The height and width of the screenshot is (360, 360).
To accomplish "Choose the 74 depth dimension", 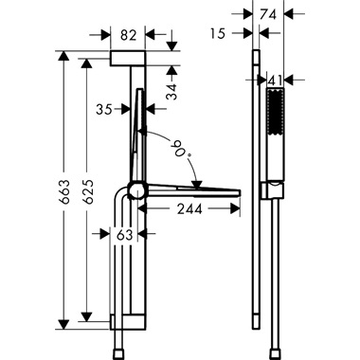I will click(x=268, y=13).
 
